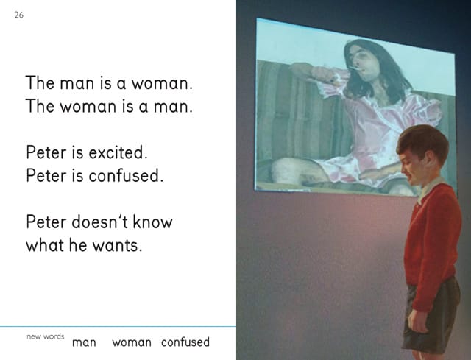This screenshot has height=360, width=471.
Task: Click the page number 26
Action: tap(19, 15)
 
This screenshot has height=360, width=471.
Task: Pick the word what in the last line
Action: tap(44, 245)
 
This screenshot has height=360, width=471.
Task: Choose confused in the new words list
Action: tap(185, 342)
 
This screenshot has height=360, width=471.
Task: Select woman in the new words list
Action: tap(131, 342)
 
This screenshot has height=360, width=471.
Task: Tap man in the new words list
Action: tap(84, 342)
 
